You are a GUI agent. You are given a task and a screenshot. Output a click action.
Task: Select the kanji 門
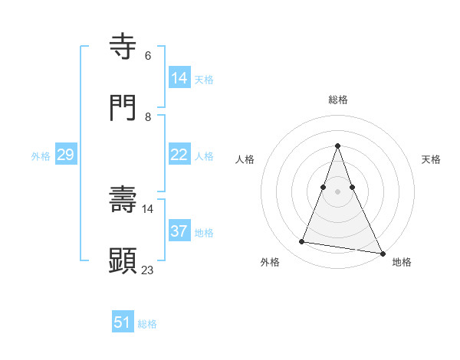click(124, 108)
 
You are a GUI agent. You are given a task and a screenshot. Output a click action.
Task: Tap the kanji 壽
click(124, 200)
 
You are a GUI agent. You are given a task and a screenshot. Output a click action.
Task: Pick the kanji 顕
click(124, 260)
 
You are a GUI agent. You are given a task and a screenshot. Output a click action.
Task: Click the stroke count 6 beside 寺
click(148, 56)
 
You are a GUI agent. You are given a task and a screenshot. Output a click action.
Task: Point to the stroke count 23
click(148, 270)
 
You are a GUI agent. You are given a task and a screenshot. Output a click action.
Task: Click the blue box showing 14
click(179, 78)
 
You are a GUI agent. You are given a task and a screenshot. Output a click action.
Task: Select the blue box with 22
click(179, 155)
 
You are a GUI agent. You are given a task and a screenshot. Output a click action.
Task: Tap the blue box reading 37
click(179, 231)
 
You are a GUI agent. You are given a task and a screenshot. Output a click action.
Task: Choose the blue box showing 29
click(65, 155)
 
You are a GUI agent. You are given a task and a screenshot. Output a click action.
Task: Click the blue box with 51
click(123, 322)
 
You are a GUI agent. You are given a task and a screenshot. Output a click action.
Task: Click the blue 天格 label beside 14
click(204, 79)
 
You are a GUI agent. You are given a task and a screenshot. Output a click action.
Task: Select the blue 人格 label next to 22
click(204, 155)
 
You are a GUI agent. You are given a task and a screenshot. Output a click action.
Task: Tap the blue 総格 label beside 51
click(147, 323)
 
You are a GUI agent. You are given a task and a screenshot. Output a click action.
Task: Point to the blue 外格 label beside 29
click(41, 155)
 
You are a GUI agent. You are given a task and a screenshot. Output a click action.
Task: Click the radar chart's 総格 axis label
click(338, 100)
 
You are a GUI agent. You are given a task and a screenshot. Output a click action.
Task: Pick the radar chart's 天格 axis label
click(431, 159)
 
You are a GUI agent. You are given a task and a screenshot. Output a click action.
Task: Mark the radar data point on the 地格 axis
click(383, 254)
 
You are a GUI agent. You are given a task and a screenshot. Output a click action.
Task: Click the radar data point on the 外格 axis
click(302, 242)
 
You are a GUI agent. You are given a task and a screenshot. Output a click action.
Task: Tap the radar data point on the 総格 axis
click(338, 146)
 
